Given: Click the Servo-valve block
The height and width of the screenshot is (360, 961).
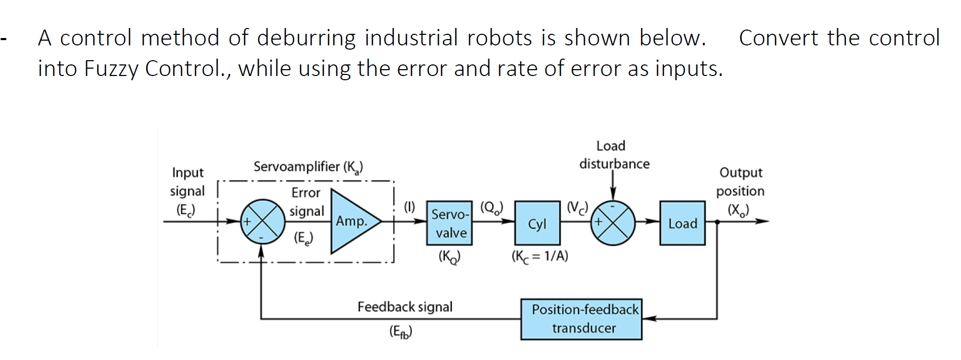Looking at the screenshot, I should click(x=449, y=223).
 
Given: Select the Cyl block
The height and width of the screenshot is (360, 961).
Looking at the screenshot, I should click(x=537, y=223).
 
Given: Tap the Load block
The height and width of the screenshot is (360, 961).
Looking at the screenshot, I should click(x=682, y=223).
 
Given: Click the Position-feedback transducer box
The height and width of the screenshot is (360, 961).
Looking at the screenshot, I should click(x=581, y=319).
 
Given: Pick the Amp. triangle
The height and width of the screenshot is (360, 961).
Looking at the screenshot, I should click(x=352, y=222).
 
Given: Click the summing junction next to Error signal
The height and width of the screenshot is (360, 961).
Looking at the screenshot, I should click(x=262, y=222).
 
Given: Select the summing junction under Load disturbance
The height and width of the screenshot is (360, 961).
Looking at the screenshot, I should click(x=613, y=222).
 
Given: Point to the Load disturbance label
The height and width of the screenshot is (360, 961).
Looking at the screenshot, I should click(x=614, y=155).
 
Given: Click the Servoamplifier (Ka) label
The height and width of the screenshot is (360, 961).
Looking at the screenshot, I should click(x=308, y=167).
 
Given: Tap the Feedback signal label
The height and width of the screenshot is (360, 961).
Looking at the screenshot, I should click(x=404, y=307).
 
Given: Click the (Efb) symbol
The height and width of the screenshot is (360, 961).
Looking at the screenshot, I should click(x=400, y=331).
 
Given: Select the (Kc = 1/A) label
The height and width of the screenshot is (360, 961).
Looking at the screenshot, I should click(x=540, y=257).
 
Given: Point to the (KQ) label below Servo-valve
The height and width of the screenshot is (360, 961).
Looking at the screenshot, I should click(x=449, y=257).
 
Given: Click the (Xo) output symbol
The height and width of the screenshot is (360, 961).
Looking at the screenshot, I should click(x=738, y=210).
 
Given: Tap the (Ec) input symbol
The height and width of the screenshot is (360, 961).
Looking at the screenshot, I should click(x=185, y=210).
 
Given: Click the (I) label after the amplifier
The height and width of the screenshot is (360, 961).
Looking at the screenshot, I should click(x=409, y=206).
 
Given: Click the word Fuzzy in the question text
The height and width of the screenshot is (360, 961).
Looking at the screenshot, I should click(x=110, y=69).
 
